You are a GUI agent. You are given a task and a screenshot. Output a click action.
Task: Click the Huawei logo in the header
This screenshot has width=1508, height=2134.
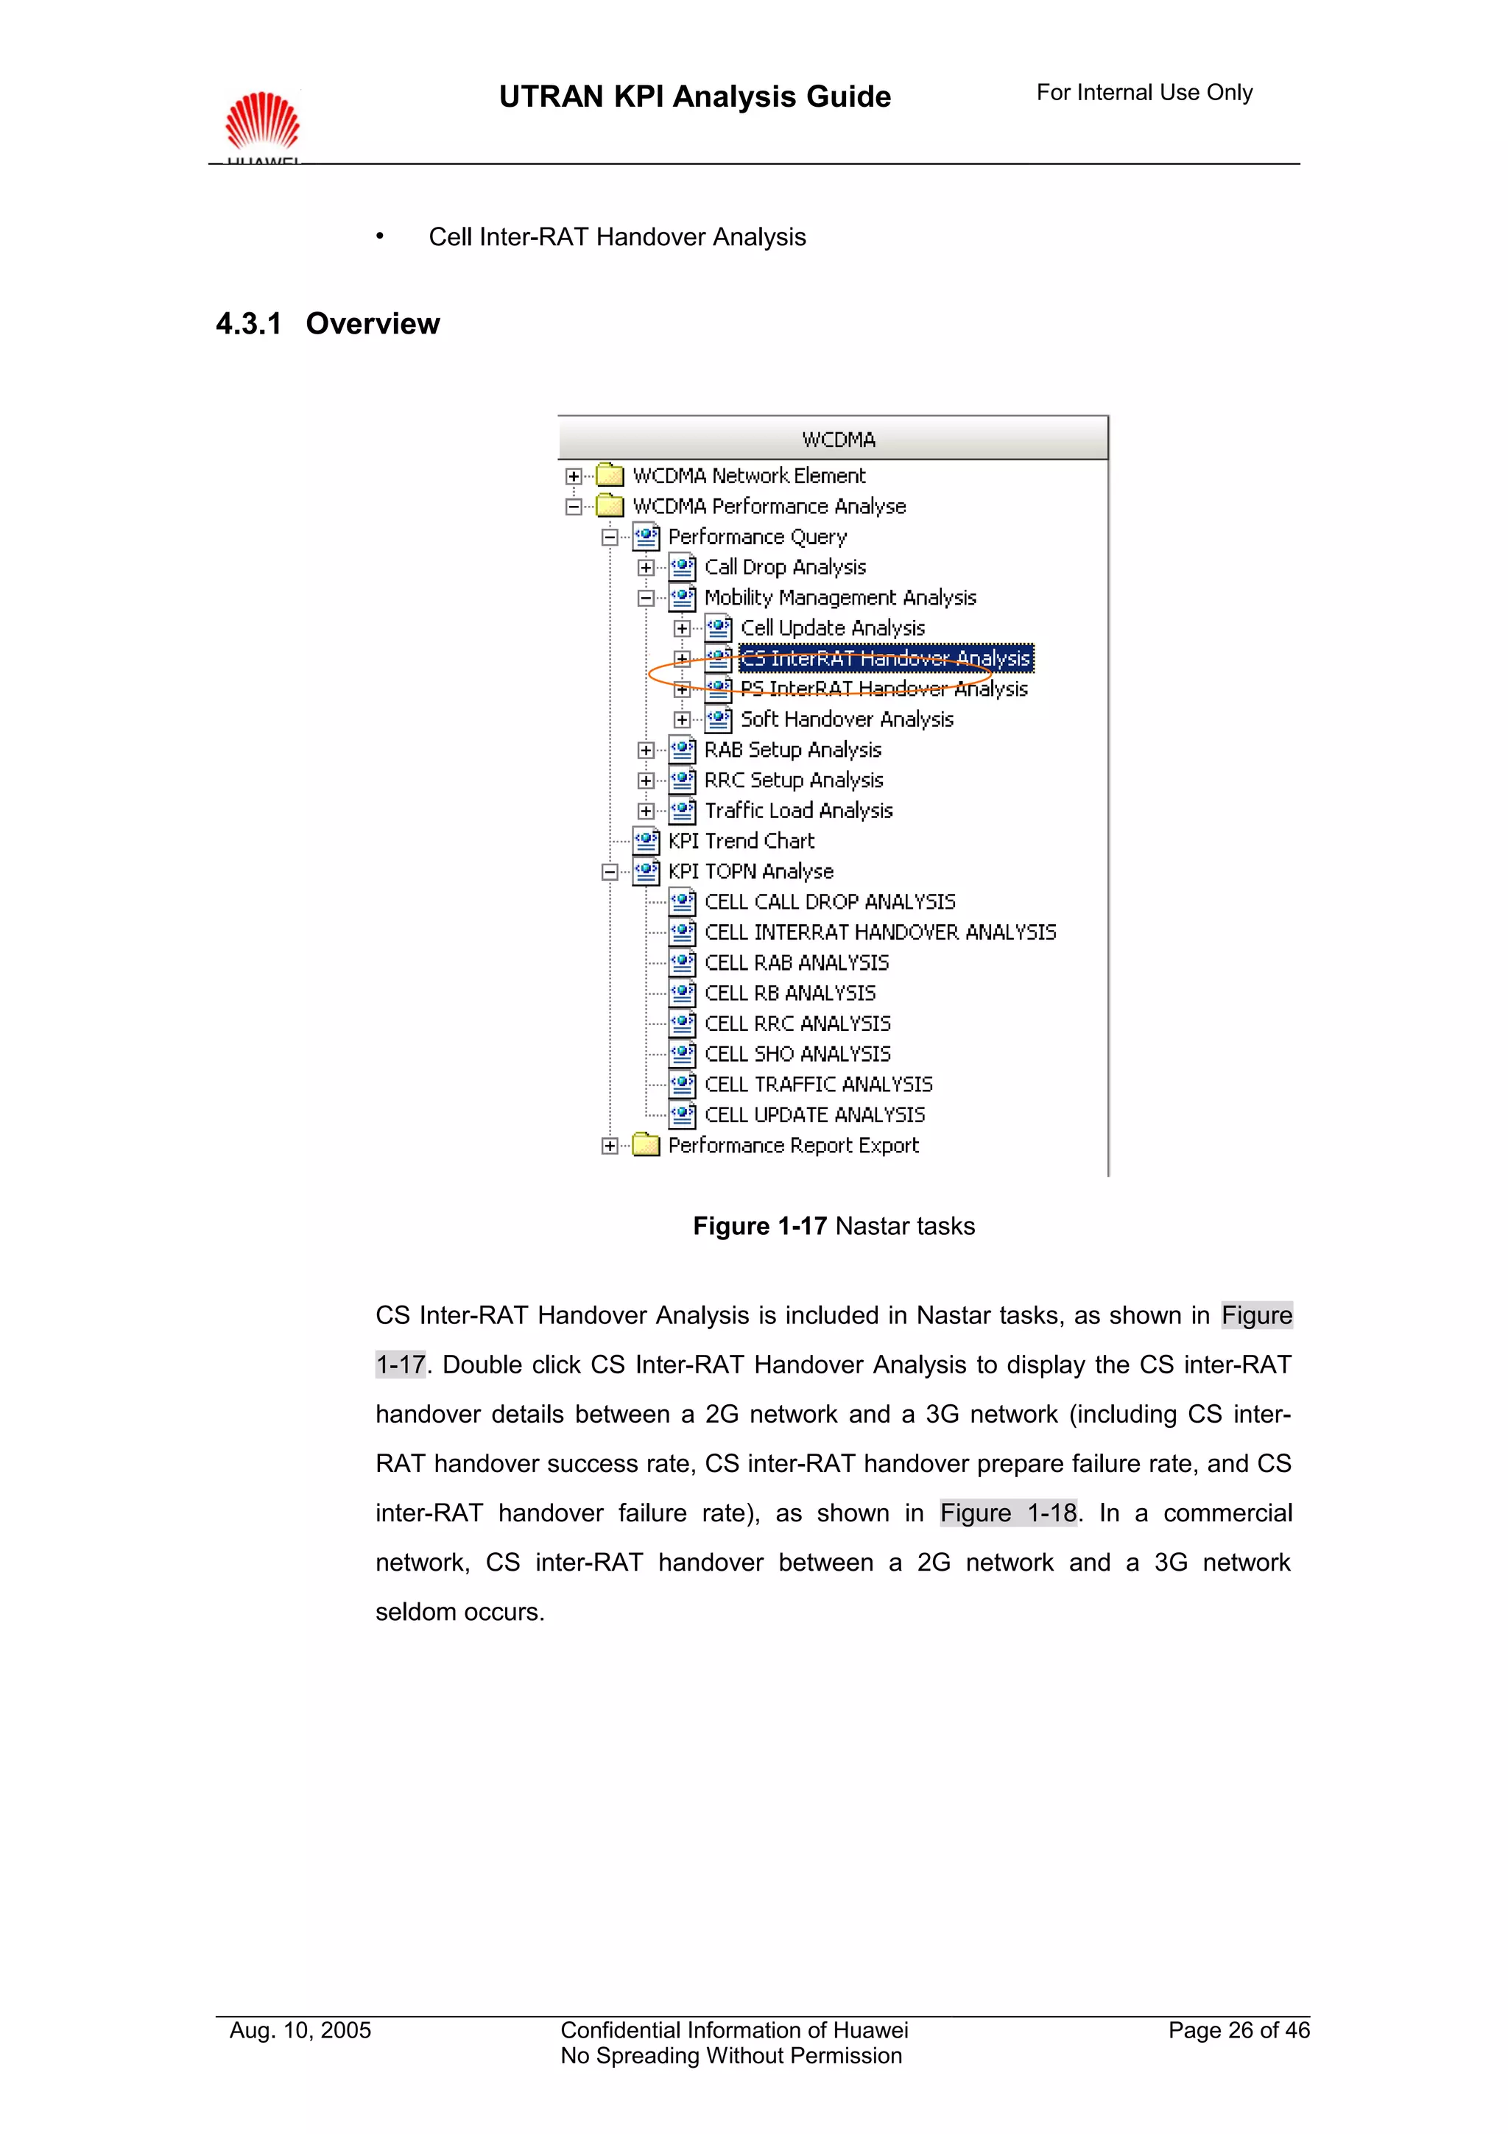(263, 123)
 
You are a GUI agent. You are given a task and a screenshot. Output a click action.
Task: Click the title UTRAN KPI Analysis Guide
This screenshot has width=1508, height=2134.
(694, 96)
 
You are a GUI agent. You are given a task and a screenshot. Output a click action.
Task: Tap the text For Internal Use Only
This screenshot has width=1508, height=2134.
(1144, 93)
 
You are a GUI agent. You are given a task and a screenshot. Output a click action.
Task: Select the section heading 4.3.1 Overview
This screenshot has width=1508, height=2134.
(327, 323)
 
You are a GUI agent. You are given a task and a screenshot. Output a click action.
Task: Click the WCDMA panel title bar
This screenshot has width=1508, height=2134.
(833, 439)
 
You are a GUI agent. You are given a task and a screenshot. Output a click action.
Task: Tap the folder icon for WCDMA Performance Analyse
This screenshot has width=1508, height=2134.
(610, 507)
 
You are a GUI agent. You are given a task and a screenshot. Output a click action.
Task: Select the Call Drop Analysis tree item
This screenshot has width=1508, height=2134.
(784, 567)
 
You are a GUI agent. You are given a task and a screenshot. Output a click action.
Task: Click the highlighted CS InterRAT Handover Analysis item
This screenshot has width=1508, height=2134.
(886, 658)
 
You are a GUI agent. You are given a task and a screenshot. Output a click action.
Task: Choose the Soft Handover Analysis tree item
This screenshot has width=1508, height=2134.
(847, 719)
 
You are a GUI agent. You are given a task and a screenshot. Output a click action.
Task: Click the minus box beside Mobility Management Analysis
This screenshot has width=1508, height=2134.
(646, 598)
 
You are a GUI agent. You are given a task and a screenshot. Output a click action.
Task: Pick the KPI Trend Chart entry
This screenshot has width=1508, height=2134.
(741, 841)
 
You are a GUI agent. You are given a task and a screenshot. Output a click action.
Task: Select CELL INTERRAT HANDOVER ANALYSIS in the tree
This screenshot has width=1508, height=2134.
(880, 932)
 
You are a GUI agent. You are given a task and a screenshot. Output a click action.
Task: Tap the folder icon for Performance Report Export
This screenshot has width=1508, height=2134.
(646, 1145)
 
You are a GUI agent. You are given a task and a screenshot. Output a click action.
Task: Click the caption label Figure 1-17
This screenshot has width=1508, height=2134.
(759, 1227)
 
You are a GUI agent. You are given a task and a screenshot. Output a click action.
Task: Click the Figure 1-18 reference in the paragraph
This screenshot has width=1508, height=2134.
(1008, 1513)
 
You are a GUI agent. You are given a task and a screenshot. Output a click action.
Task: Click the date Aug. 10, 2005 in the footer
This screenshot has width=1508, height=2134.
(300, 2031)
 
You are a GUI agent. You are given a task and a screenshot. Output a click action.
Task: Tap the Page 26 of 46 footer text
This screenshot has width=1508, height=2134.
(1239, 2031)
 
